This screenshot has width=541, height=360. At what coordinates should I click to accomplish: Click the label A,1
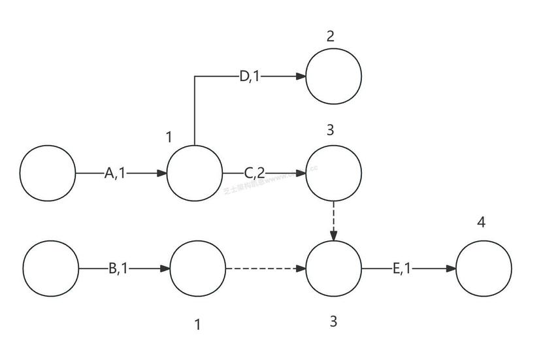pyautogui.click(x=115, y=173)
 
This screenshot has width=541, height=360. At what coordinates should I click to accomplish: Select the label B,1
pyautogui.click(x=120, y=269)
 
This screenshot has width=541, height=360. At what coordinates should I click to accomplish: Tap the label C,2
pyautogui.click(x=254, y=173)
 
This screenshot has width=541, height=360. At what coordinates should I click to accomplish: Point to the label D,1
pyautogui.click(x=249, y=76)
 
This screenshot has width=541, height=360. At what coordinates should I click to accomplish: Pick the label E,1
pyautogui.click(x=402, y=269)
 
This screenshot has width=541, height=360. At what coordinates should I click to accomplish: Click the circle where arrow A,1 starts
pyautogui.click(x=48, y=173)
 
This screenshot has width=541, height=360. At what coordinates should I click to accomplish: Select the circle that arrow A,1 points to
pyautogui.click(x=195, y=173)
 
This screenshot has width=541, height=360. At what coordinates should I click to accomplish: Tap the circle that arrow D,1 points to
pyautogui.click(x=333, y=76)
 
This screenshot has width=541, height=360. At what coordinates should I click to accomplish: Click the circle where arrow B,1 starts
pyautogui.click(x=51, y=269)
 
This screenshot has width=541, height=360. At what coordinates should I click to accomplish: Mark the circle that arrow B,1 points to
pyautogui.click(x=197, y=269)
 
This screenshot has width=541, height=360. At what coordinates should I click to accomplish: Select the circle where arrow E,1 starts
pyautogui.click(x=333, y=269)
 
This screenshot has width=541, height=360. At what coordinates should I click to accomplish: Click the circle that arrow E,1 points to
pyautogui.click(x=484, y=269)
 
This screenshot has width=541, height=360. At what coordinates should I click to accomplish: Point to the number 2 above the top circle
pyautogui.click(x=331, y=36)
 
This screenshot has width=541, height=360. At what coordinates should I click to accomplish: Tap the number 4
pyautogui.click(x=482, y=222)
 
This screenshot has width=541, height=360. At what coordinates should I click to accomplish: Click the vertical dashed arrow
pyautogui.click(x=334, y=220)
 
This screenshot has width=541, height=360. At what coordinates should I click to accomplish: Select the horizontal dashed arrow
pyautogui.click(x=265, y=269)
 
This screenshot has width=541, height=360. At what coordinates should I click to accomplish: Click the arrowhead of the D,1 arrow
pyautogui.click(x=301, y=76)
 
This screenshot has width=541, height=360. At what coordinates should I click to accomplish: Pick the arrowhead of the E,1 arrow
pyautogui.click(x=451, y=269)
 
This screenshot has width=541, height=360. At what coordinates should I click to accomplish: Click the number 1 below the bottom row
pyautogui.click(x=197, y=325)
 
